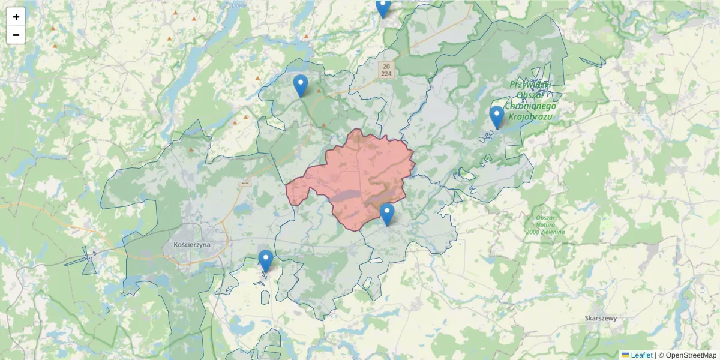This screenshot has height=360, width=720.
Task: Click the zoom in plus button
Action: pyautogui.click(x=16, y=17)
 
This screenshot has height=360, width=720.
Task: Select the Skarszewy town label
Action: pyautogui.click(x=601, y=319)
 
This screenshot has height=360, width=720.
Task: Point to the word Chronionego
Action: pyautogui.click(x=532, y=106)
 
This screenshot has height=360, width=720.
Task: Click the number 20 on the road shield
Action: pyautogui.click(x=386, y=66)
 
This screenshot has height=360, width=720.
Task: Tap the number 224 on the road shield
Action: pyautogui.click(x=386, y=73)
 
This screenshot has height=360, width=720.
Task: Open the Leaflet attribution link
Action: pyautogui.click(x=641, y=355)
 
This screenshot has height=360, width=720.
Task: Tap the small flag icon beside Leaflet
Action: pyautogui.click(x=626, y=355)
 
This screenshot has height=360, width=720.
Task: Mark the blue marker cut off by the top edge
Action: pyautogui.click(x=383, y=8)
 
